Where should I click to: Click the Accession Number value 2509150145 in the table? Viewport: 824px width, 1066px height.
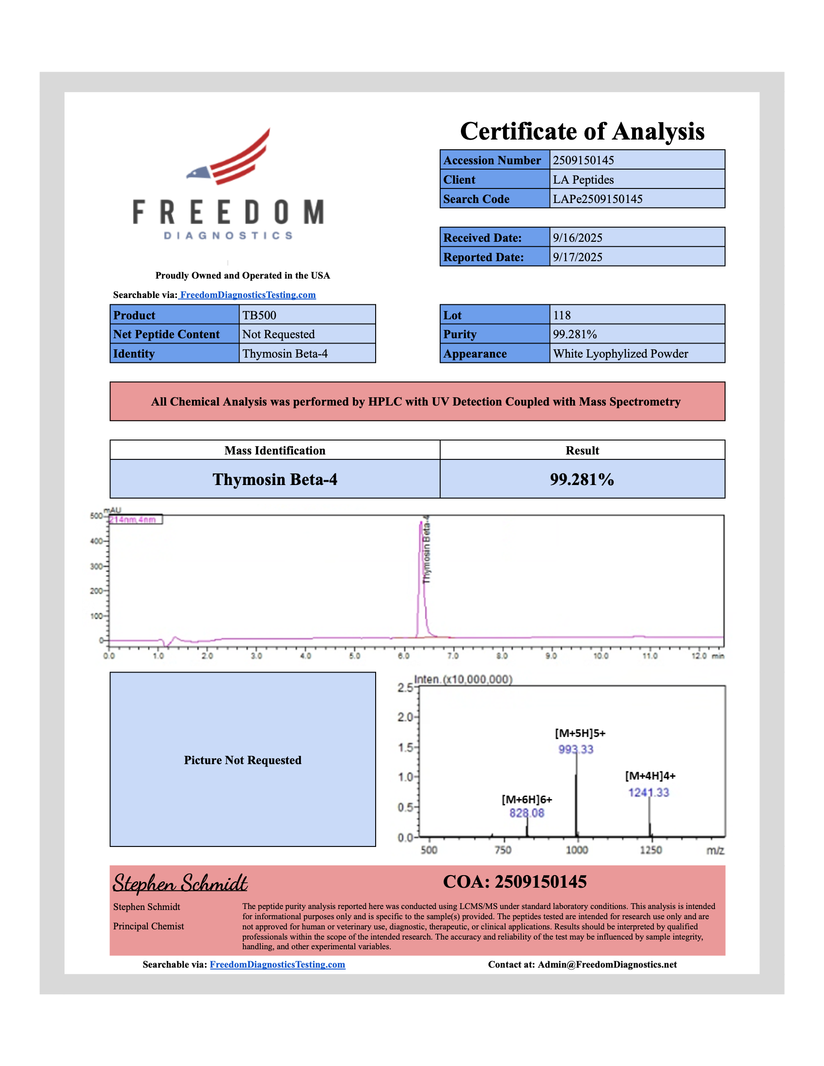click(583, 160)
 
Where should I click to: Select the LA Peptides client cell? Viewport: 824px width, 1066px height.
click(583, 180)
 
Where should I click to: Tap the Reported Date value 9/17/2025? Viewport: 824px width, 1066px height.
click(577, 257)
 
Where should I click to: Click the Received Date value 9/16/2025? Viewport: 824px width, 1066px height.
click(577, 238)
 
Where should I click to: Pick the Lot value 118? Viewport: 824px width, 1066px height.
click(561, 315)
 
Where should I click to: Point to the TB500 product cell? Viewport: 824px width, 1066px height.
click(259, 315)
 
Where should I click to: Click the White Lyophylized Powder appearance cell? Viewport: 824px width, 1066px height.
click(620, 354)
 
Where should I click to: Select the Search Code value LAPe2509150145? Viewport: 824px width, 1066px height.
click(597, 199)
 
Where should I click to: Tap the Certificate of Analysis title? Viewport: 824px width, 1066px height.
click(582, 131)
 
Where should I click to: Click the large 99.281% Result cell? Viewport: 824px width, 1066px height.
click(582, 479)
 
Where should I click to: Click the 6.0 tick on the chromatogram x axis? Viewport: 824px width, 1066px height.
click(403, 656)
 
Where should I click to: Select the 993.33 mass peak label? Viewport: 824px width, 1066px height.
click(575, 749)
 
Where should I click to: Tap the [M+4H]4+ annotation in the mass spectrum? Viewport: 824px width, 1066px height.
click(650, 776)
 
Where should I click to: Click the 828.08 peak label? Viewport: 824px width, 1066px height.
click(526, 813)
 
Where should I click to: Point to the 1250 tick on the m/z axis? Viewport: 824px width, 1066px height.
click(650, 850)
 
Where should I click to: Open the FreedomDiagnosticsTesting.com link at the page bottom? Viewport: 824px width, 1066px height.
click(277, 964)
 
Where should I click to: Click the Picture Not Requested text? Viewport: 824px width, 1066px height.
click(243, 760)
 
